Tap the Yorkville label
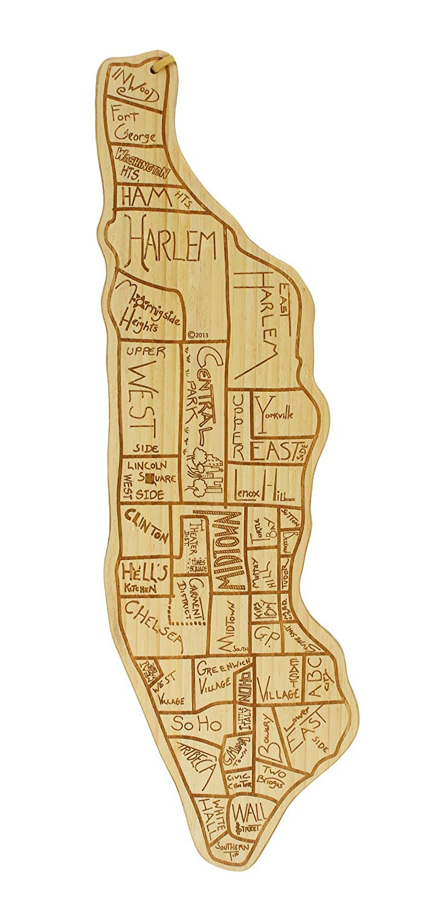[276, 415]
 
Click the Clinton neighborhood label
[146, 524]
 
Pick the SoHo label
[196, 723]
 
